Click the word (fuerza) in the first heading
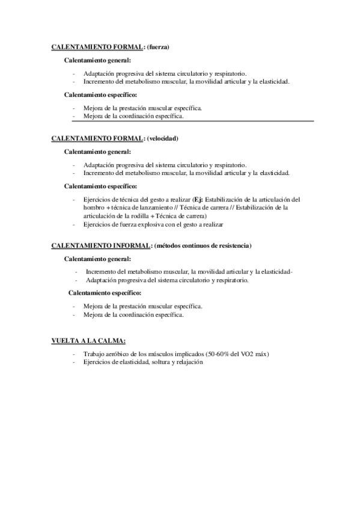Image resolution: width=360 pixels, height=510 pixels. [x=158, y=46]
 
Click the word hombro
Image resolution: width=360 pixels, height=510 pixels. [x=93, y=207]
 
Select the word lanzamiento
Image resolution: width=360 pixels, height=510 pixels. [x=158, y=207]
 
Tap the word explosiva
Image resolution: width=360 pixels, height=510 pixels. [x=151, y=224]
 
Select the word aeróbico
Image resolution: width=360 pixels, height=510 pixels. [x=118, y=354]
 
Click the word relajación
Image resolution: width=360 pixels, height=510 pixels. [x=192, y=363]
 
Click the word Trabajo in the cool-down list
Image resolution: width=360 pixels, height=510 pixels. [x=94, y=354]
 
